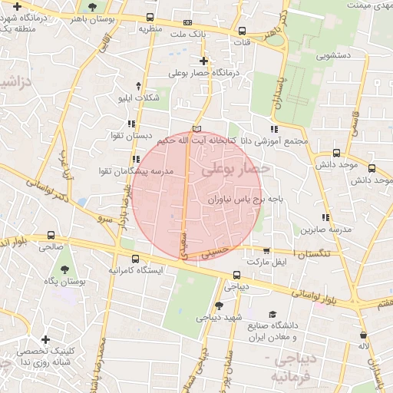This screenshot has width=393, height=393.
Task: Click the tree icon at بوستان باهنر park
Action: coord(93,7)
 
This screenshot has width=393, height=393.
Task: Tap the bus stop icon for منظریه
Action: coord(149,18)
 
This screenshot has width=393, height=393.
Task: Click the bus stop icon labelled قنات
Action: coord(243,31)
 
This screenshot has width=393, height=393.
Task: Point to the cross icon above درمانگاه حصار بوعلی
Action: coord(203,61)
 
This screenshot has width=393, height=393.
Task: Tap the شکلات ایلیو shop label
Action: coord(147,97)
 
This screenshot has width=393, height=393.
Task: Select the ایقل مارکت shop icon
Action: coord(266,250)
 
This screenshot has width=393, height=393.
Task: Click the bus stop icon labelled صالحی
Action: coord(51,236)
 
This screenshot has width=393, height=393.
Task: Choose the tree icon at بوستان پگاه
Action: coord(63,270)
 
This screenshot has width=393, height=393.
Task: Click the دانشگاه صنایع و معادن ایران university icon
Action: coord(272,314)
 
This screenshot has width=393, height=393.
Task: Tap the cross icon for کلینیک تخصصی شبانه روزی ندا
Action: coord(46,339)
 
